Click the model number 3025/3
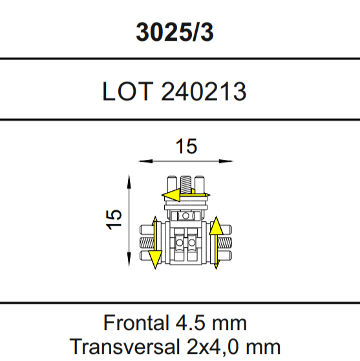coord(175,32)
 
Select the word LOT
coord(128,91)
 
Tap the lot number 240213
coord(204,91)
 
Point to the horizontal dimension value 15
coord(186,146)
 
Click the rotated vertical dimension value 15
coord(113,219)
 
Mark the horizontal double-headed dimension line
coord(186,161)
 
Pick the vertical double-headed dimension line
coord(129,221)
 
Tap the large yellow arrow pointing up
coord(217,243)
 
